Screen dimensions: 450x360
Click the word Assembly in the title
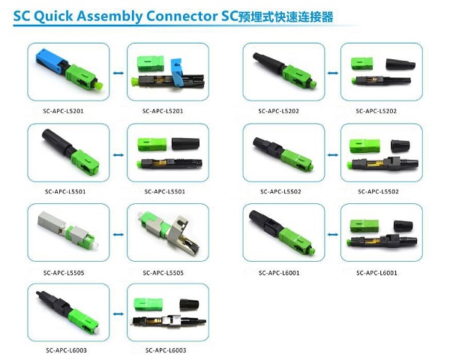109,16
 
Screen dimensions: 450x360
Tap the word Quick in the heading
53,16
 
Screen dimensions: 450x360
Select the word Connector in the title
181,16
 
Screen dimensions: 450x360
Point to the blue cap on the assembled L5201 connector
50,61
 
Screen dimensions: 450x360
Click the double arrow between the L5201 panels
118,73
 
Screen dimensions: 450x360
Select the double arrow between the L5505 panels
118,235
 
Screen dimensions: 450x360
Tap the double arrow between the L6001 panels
333,235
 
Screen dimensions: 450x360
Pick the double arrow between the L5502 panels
333,155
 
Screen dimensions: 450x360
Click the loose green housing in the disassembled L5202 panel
362,64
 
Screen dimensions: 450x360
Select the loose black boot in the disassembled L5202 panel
400,64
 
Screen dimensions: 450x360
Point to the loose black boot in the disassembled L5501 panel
186,144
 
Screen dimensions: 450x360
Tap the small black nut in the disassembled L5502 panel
400,145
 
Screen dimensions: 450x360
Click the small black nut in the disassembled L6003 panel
190,305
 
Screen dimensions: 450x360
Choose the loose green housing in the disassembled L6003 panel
148,305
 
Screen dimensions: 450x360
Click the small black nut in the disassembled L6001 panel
403,226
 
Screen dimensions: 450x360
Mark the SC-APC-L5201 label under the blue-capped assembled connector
63,111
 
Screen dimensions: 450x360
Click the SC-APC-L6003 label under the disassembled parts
166,350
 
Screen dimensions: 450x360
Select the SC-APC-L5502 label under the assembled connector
280,191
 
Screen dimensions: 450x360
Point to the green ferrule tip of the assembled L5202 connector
313,84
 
